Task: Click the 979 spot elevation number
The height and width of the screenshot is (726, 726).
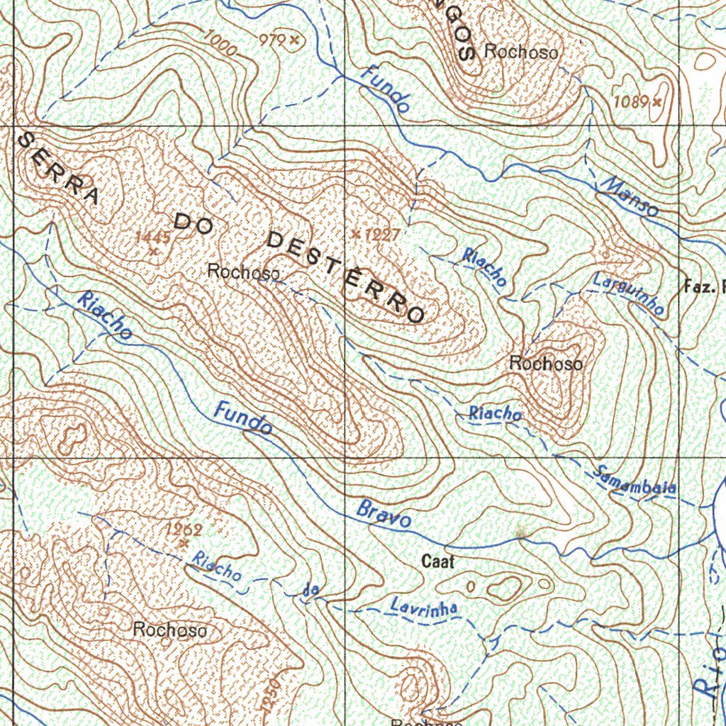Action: pyautogui.click(x=272, y=40)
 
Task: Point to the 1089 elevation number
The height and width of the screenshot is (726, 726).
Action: pyautogui.click(x=631, y=102)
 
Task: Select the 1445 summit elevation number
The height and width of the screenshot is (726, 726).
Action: pyautogui.click(x=153, y=237)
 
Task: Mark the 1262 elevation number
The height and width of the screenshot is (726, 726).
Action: pyautogui.click(x=184, y=530)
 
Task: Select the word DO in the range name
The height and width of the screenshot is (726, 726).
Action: pyautogui.click(x=194, y=223)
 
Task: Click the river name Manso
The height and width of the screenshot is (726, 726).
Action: pyautogui.click(x=630, y=196)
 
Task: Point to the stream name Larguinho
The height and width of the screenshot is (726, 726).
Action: pyautogui.click(x=628, y=293)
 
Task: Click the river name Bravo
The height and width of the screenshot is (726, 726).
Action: pyautogui.click(x=384, y=515)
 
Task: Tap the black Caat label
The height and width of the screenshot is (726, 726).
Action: pyautogui.click(x=437, y=562)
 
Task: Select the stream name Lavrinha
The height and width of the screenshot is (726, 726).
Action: pyautogui.click(x=424, y=607)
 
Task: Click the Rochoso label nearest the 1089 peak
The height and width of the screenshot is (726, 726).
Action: pyautogui.click(x=521, y=52)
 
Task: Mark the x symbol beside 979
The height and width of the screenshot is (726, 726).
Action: pyautogui.click(x=293, y=40)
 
